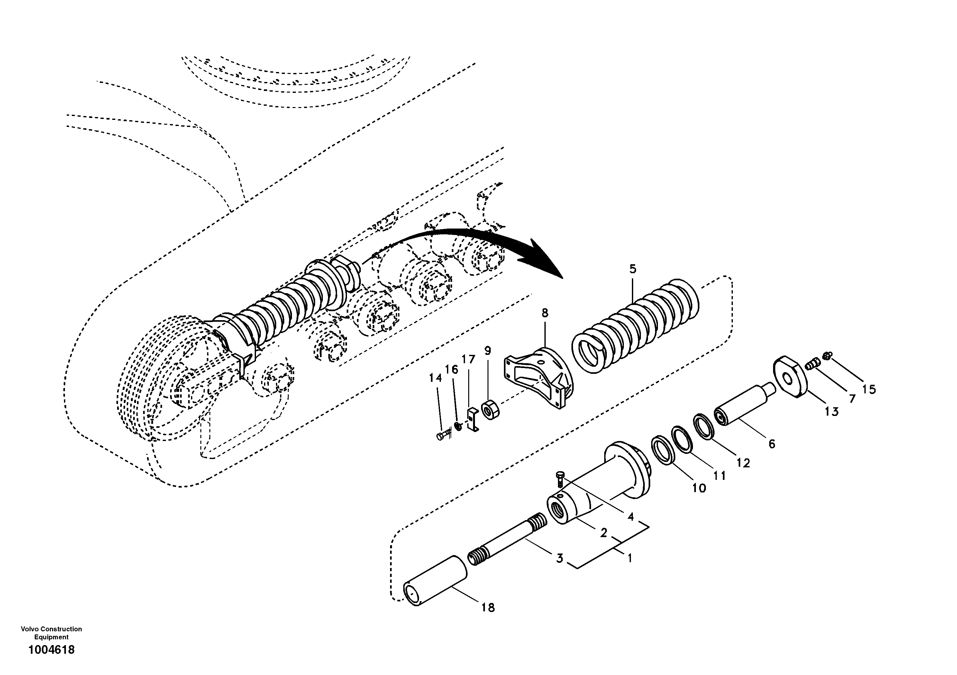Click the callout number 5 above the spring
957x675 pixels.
click(x=633, y=269)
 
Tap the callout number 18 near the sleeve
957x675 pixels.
click(x=488, y=608)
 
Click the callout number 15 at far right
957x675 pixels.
click(x=869, y=390)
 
